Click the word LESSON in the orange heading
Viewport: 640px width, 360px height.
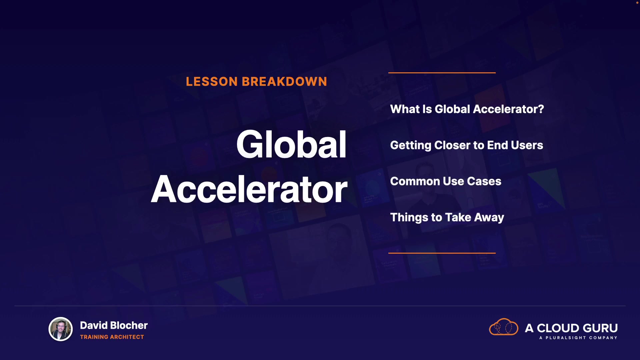pyautogui.click(x=212, y=82)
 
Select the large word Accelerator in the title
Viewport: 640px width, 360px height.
pyautogui.click(x=249, y=189)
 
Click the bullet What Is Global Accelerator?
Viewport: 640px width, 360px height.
pyautogui.click(x=467, y=109)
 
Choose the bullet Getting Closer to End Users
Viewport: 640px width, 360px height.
pyautogui.click(x=467, y=145)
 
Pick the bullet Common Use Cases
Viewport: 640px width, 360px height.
pyautogui.click(x=446, y=181)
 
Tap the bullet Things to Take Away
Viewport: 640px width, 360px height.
pyautogui.click(x=447, y=217)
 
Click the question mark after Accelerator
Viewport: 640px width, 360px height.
pyautogui.click(x=540, y=109)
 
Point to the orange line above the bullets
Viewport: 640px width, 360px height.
pyautogui.click(x=442, y=72)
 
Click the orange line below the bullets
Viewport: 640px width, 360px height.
pyautogui.click(x=442, y=253)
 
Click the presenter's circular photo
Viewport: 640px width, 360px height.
pyautogui.click(x=61, y=329)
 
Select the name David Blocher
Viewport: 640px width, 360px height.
pyautogui.click(x=114, y=325)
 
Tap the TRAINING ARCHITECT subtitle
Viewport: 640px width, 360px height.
pyautogui.click(x=112, y=337)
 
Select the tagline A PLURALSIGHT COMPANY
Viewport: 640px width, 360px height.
pyautogui.click(x=578, y=338)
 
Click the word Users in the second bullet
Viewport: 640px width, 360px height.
pyautogui.click(x=527, y=145)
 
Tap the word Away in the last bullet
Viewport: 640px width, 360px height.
pyautogui.click(x=489, y=218)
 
